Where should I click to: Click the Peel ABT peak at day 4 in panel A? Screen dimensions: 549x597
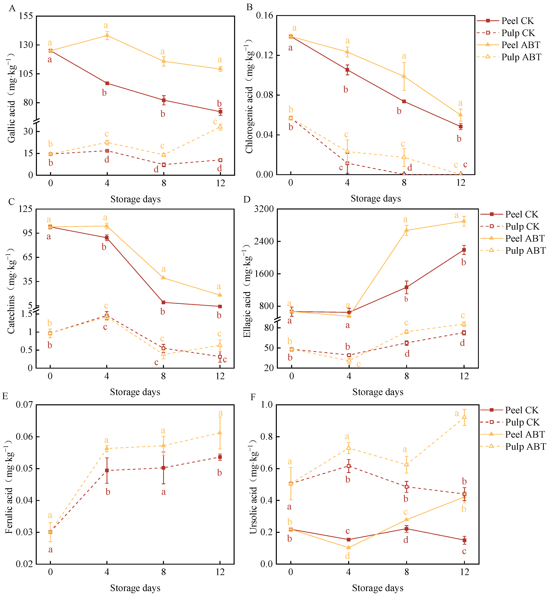(x=107, y=36)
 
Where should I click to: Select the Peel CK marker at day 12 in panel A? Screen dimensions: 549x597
(x=220, y=112)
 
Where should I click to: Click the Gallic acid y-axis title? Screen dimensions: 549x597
(x=11, y=98)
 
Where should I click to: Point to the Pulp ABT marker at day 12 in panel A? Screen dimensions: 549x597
(x=220, y=127)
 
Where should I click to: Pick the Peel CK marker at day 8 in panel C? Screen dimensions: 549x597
(x=163, y=302)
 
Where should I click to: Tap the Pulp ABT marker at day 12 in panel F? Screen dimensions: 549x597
(x=464, y=417)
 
